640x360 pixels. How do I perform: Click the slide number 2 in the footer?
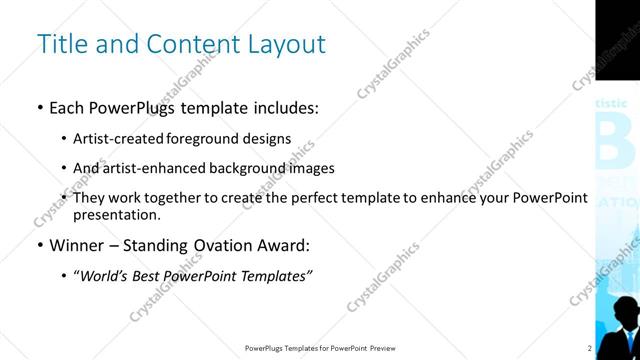590,348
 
